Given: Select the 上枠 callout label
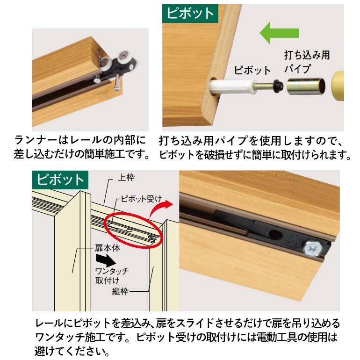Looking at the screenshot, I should (127, 178).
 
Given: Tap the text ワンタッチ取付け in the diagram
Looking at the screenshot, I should (111, 275).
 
